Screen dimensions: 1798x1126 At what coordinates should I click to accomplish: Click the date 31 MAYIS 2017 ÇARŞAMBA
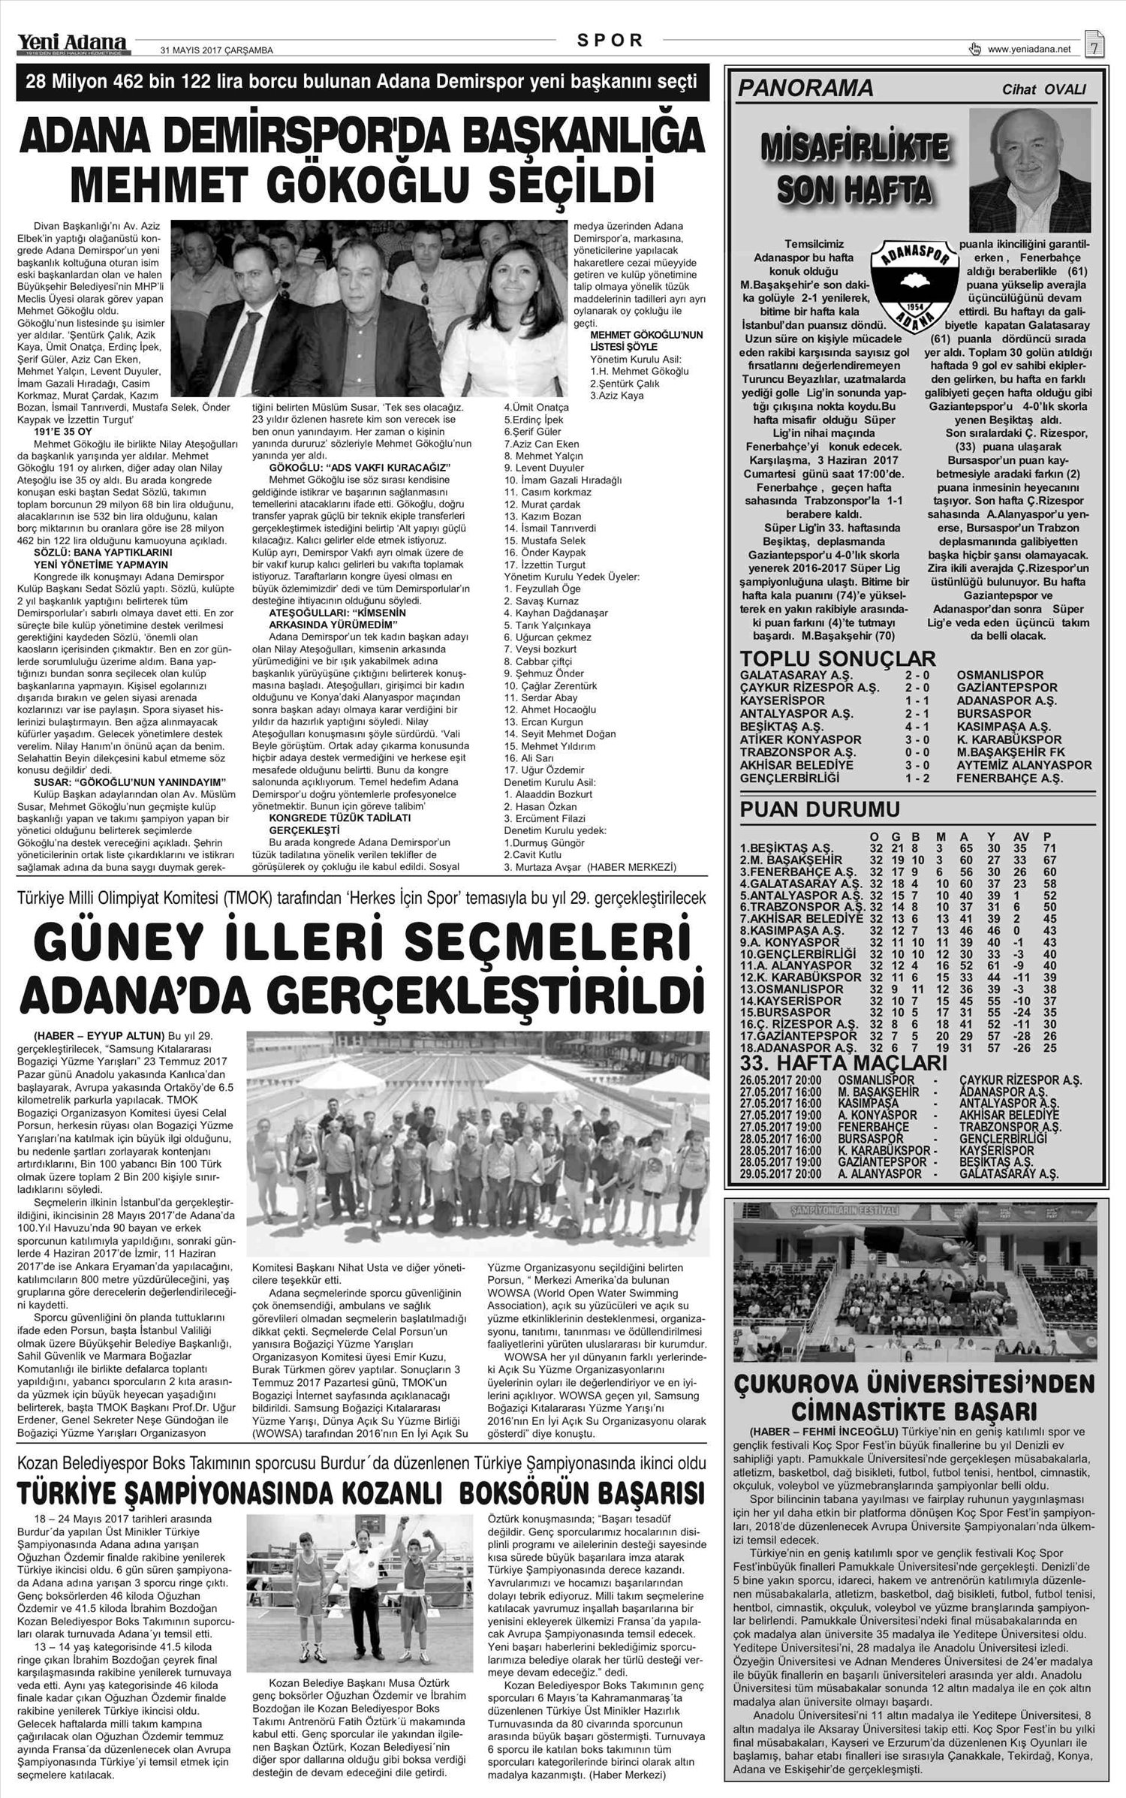[217, 51]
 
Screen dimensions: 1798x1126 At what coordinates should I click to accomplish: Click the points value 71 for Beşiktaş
[1049, 848]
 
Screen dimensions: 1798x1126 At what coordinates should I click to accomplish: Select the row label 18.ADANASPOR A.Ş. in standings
[798, 1047]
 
